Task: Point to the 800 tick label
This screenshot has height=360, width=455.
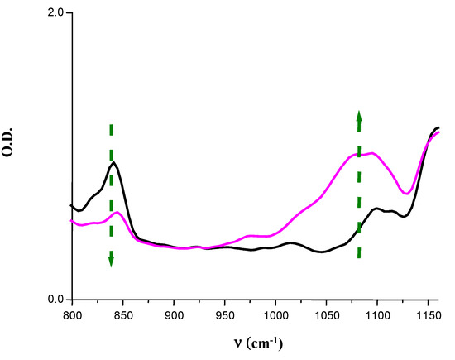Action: tap(72, 317)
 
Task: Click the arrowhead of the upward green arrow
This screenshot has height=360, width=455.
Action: tap(359, 115)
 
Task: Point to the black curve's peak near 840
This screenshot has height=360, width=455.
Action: tap(113, 162)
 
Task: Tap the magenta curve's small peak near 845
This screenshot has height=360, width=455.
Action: tap(118, 213)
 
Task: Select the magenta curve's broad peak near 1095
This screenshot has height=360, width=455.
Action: tap(373, 153)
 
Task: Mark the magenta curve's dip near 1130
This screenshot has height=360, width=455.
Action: tap(406, 194)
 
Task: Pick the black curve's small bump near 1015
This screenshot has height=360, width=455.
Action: tap(290, 242)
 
